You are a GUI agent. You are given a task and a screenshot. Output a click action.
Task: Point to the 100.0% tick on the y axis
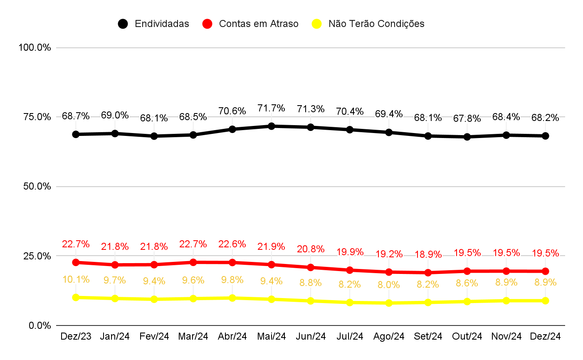point(35,47)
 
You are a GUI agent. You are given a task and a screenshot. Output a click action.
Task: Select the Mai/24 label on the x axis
point(272,336)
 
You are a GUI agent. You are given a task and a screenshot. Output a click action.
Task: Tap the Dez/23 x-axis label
point(76,336)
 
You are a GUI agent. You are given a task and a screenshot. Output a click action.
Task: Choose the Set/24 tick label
point(428,336)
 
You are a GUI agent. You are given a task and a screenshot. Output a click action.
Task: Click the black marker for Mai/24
point(272,126)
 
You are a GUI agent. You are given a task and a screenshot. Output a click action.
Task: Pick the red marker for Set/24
point(428,273)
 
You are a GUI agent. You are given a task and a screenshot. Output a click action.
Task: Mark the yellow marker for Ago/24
point(389,303)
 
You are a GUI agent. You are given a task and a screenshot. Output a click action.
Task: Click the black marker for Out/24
point(467,137)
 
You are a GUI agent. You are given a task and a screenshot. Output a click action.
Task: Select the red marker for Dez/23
point(76,262)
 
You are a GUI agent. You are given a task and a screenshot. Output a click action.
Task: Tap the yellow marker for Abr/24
point(232,298)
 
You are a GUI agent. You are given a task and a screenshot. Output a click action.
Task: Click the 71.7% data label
point(272,108)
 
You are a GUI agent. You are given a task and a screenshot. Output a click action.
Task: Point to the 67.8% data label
point(467,118)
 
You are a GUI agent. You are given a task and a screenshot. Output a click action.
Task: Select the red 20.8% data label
point(311,249)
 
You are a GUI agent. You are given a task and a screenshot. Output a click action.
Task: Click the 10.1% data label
point(76,279)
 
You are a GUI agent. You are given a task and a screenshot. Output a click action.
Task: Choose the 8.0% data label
point(389,285)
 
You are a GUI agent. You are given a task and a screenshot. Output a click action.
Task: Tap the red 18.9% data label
point(428,254)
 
